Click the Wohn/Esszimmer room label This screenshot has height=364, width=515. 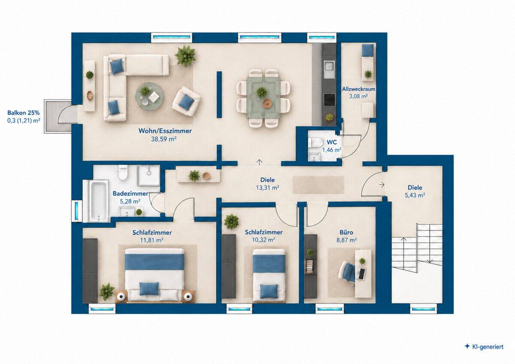pos(165,131)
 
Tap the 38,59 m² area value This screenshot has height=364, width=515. pos(164,139)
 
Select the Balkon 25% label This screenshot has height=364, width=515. pos(24,113)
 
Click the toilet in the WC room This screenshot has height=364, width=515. pos(313,142)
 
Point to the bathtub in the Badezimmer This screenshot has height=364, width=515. pos(99,201)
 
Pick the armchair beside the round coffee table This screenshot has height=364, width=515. pos(186,101)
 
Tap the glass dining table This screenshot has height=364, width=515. pos(264,98)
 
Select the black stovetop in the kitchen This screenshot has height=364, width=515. pos(330,100)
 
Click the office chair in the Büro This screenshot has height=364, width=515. pos(348,272)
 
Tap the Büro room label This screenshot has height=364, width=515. pos(346,232)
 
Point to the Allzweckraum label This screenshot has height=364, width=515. pos(359,89)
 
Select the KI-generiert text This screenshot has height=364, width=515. pos(488,346)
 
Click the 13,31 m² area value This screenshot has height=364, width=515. pos(268,188)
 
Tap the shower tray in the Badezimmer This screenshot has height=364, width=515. pos(148,175)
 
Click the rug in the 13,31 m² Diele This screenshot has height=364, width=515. pos(318,185)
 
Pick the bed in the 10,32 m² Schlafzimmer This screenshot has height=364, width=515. pos(269,275)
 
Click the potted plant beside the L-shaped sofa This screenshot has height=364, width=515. pos(185,56)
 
